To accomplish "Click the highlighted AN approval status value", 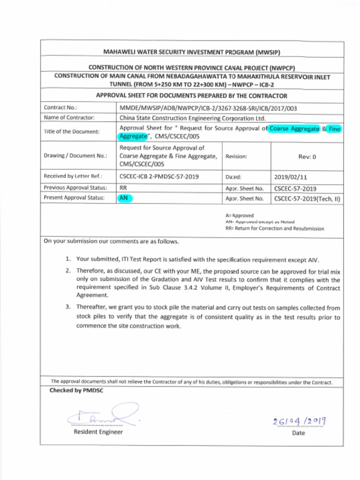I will click(125, 198).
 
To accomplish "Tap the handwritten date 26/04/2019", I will click(299, 422).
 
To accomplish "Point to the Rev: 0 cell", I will click(307, 157).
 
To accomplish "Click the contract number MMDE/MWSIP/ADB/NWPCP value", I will click(208, 108).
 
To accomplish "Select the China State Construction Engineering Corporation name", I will click(192, 118).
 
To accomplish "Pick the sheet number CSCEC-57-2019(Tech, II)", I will click(307, 198).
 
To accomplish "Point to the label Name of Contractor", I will click(69, 118).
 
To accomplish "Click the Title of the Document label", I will click(72, 132).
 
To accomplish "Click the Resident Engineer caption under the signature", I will click(98, 432).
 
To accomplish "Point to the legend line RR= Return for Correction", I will click(274, 229).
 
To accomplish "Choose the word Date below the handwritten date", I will click(298, 433).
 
